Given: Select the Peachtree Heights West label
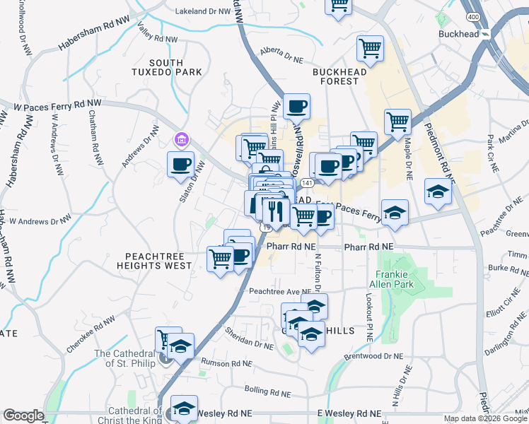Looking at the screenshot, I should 158,261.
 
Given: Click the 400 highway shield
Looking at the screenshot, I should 472,16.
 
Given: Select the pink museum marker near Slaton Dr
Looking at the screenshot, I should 182,140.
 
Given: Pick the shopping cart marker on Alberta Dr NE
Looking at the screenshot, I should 370,48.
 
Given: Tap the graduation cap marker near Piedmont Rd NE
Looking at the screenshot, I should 438,192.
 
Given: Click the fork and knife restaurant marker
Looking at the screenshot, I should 274,209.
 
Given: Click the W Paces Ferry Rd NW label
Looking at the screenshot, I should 58,106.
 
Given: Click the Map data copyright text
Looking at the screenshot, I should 485,418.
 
